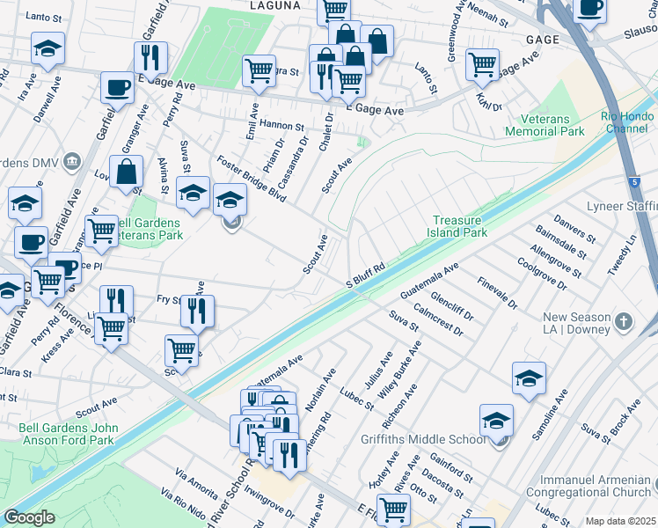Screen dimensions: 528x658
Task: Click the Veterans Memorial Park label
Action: pos(545,125)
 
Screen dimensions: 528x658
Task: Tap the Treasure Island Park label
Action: pos(459,227)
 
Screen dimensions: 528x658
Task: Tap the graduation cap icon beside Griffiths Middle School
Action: pos(496,421)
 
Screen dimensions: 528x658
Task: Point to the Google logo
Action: pos(29,517)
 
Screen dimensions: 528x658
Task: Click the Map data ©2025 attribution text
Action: pos(621,521)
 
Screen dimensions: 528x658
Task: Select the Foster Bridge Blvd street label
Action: pos(251,178)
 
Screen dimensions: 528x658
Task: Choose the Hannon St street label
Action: pos(281,128)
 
